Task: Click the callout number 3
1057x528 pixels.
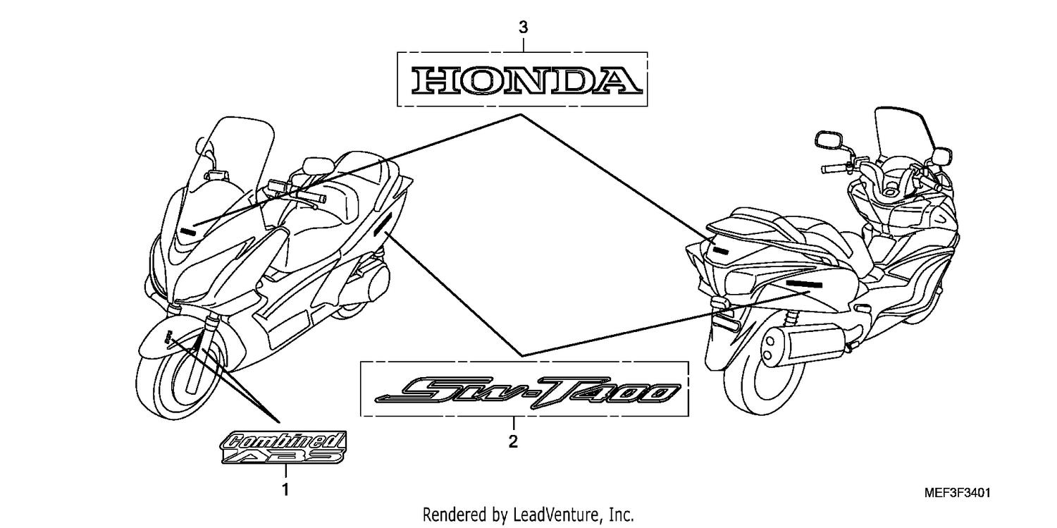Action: (x=524, y=27)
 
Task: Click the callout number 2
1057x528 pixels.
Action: (x=513, y=442)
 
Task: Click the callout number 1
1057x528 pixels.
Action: (x=285, y=490)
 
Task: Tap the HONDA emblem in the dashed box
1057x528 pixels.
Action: (x=526, y=80)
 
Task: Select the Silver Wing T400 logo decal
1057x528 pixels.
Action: (x=528, y=391)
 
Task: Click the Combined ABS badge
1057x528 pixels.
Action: (x=283, y=447)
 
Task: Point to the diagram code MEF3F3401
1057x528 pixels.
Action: (x=957, y=493)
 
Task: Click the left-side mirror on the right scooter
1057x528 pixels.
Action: (x=828, y=139)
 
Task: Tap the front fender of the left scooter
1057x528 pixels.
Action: (x=165, y=338)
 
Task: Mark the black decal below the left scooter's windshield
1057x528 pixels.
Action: (x=188, y=231)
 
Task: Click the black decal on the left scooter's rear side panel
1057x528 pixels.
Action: (x=383, y=224)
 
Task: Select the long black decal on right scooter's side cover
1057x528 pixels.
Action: (x=804, y=285)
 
